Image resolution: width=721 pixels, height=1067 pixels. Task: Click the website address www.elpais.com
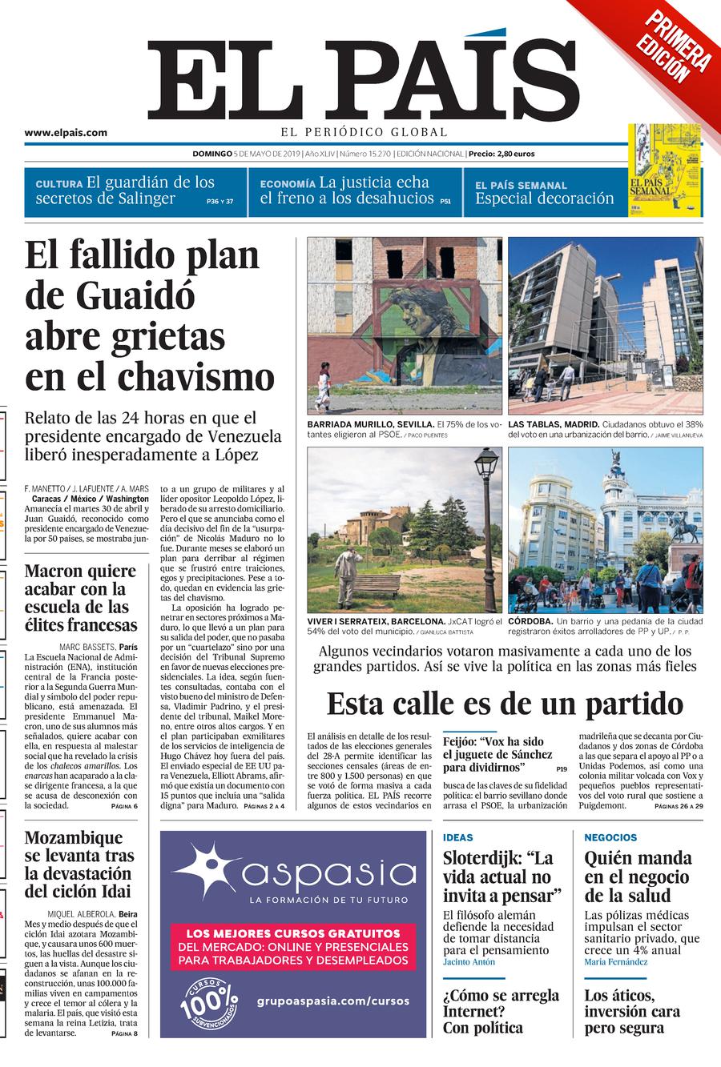point(66,134)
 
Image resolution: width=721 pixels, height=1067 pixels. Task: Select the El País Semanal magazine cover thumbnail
point(664,170)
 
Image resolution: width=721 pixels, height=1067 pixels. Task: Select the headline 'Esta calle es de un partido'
point(505,704)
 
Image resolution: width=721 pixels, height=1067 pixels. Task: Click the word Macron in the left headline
point(58,571)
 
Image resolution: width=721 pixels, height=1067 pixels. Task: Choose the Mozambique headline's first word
point(74,838)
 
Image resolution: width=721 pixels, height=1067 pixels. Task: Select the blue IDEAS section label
point(458,837)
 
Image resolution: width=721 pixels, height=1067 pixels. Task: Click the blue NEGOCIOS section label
point(610,837)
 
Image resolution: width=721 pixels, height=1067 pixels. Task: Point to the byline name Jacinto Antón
point(469,962)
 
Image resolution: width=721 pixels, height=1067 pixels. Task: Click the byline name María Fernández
point(615,962)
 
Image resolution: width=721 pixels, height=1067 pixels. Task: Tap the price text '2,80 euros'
point(512,154)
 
